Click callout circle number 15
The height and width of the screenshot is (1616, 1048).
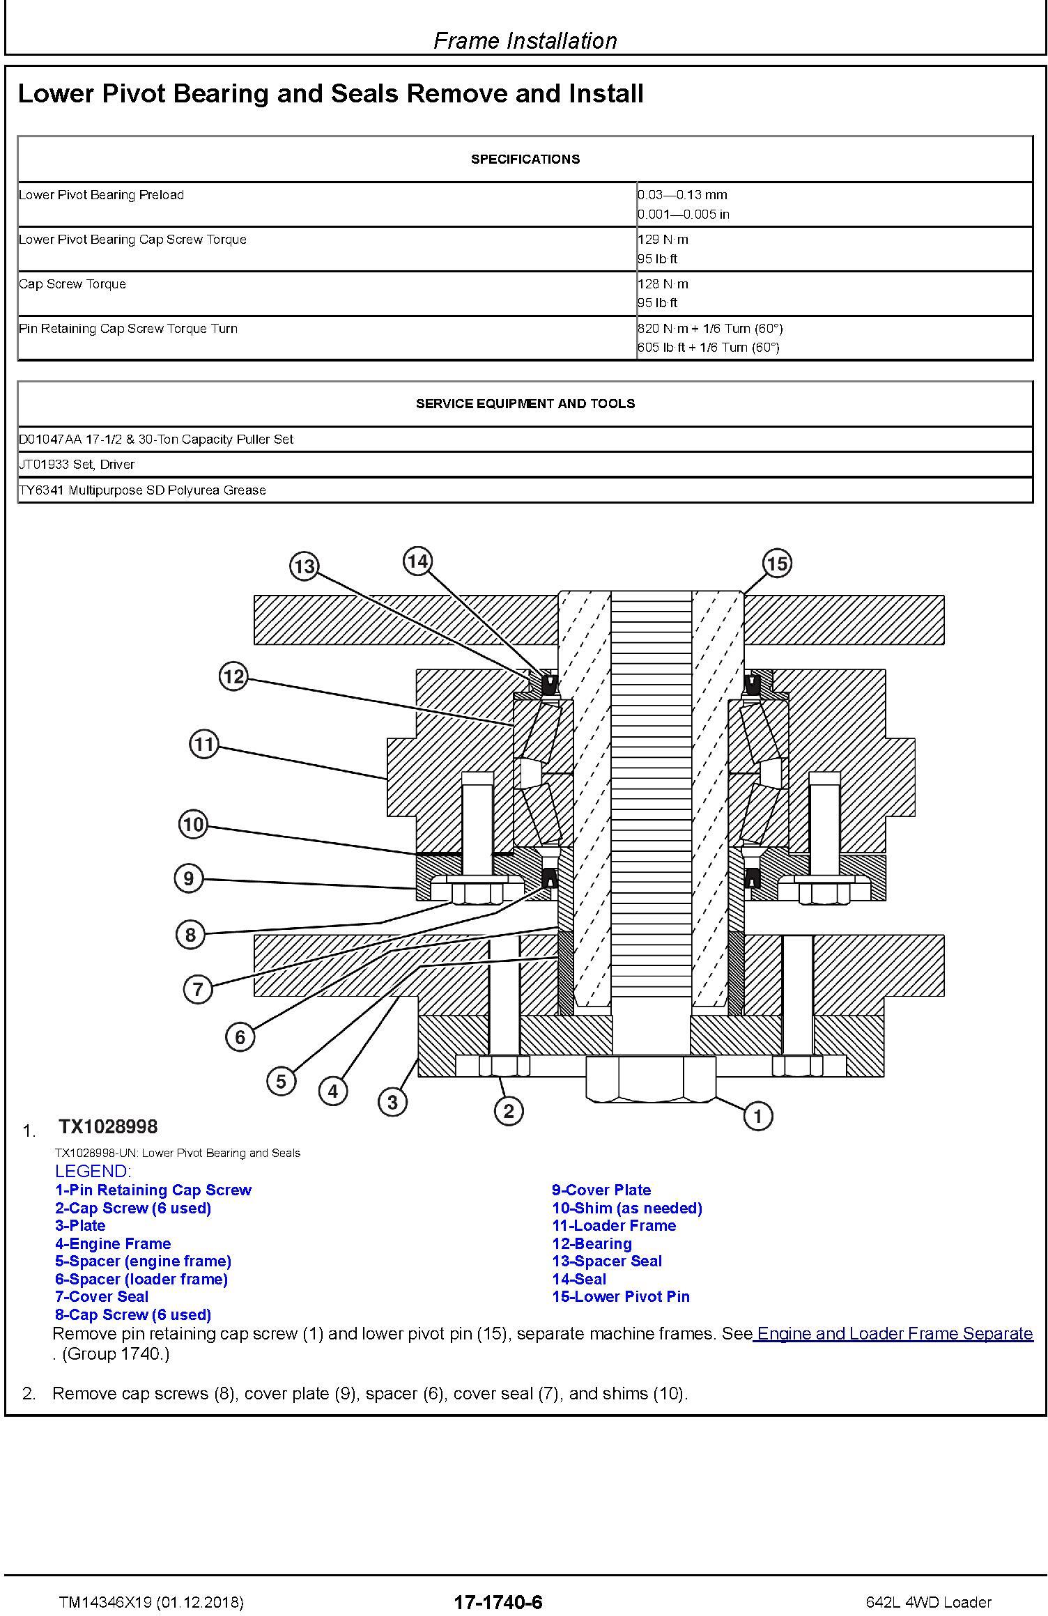tap(777, 563)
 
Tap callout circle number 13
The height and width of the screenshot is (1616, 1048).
tap(304, 566)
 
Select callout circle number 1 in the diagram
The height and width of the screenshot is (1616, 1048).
tap(757, 1117)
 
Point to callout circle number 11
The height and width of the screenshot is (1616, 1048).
tap(203, 745)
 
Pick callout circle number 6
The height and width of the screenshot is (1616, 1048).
tap(240, 1037)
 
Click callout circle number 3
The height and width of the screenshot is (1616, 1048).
tap(392, 1102)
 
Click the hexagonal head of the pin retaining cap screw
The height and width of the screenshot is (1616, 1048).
tap(651, 1079)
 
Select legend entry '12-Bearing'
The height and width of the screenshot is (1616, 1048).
tap(592, 1243)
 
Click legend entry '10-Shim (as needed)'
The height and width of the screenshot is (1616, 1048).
tap(626, 1208)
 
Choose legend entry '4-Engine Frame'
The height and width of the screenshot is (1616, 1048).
tap(113, 1243)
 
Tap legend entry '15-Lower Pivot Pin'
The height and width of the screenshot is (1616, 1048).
tap(620, 1296)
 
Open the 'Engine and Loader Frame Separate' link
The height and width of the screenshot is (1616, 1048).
tap(895, 1333)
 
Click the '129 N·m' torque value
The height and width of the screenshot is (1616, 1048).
tap(663, 240)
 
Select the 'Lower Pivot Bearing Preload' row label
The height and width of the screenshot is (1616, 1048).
tap(101, 195)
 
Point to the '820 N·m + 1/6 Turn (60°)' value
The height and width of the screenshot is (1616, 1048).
tap(709, 329)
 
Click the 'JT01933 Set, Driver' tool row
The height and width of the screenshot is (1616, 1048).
tap(77, 465)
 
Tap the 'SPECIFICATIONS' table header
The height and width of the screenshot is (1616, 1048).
tap(525, 160)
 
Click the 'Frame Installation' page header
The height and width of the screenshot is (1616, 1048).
tap(525, 41)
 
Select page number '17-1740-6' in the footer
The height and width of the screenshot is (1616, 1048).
tap(498, 1602)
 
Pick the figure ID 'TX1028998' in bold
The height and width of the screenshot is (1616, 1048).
tap(108, 1127)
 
